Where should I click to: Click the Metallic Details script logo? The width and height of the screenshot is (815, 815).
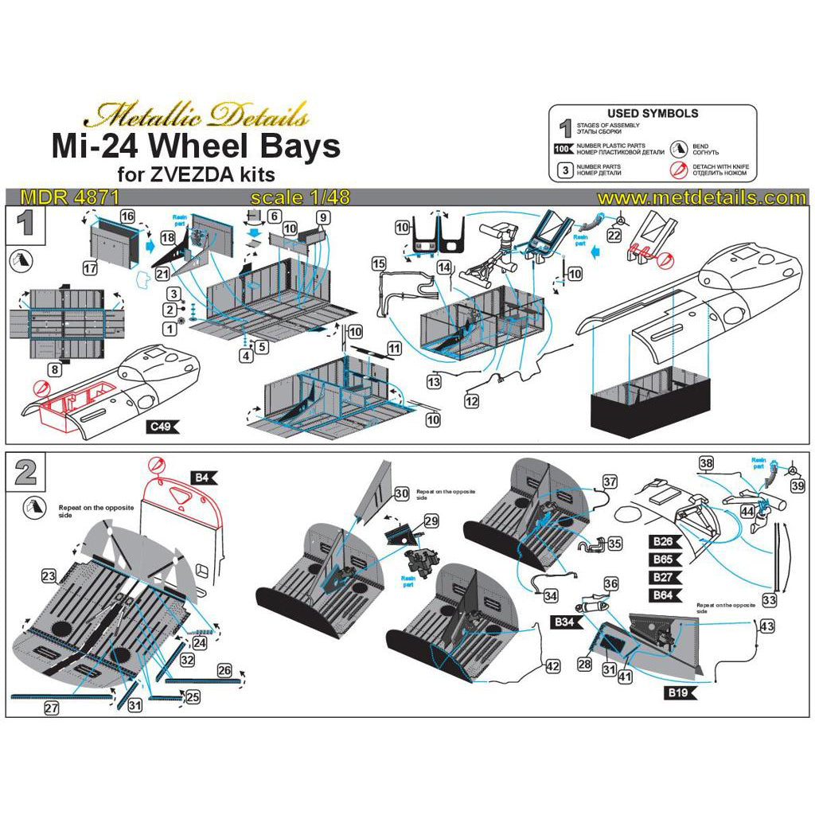point(197,116)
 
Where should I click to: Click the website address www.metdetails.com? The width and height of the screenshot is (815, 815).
point(703,197)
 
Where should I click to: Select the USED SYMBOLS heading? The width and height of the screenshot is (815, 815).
point(653,114)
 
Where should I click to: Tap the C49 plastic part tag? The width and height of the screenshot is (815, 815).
point(162,427)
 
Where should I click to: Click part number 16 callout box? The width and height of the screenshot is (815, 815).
point(127,216)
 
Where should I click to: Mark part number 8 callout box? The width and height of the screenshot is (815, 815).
point(54,369)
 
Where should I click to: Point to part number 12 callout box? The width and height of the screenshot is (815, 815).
point(472,402)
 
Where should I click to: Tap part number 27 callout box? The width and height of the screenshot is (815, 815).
point(52,707)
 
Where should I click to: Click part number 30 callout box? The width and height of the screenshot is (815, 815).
point(401,493)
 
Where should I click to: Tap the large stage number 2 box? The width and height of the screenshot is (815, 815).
point(26,471)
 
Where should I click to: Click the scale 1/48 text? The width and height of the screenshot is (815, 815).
point(300,197)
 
